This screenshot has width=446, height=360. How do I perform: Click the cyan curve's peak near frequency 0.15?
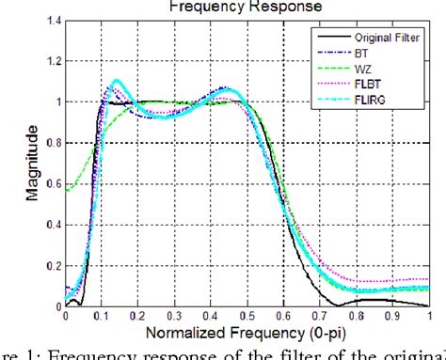pyautogui.click(x=116, y=81)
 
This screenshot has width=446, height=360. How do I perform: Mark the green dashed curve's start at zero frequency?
pyautogui.click(x=66, y=191)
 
